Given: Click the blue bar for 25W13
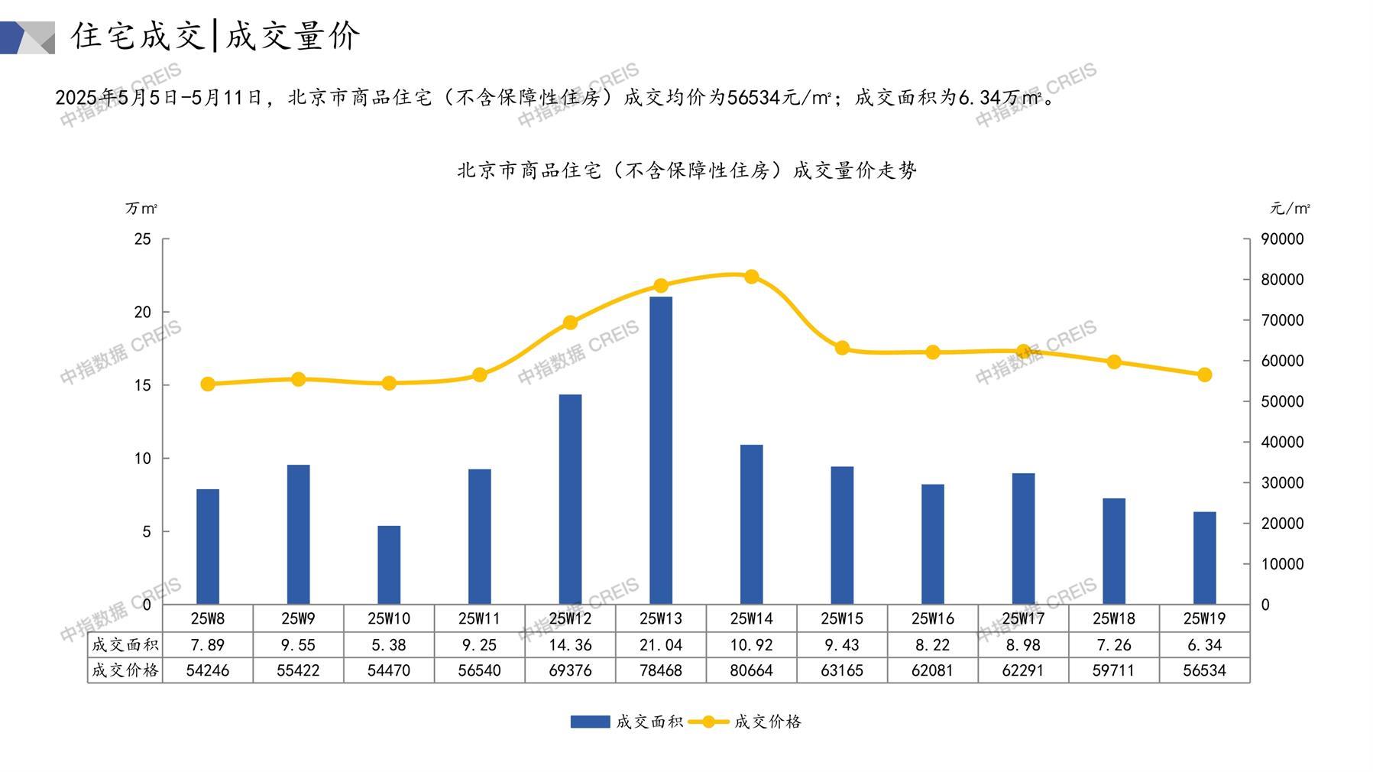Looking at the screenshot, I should tap(661, 450).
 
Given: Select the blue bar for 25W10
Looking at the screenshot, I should tap(389, 565).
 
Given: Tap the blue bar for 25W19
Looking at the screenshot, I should tap(1204, 558).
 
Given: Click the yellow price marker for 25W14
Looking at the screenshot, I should tap(752, 277).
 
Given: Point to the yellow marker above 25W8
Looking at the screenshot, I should tap(208, 384).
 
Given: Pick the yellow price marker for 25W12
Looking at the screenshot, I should tap(570, 323).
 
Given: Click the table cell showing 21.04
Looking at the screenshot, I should tap(661, 645).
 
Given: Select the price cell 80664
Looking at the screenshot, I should tap(752, 670).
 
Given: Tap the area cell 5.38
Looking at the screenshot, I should tap(389, 645).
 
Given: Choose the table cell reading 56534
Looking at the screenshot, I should tap(1204, 670).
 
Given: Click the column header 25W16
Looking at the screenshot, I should tap(933, 618).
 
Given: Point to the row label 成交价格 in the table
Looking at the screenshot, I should tap(125, 670).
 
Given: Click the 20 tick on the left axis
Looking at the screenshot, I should tap(143, 312).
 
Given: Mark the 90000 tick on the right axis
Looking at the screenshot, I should tap(1282, 239).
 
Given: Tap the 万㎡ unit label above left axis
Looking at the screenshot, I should tap(141, 208).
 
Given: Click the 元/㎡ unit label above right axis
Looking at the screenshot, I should tap(1290, 208).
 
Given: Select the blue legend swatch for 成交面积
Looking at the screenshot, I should tap(590, 722).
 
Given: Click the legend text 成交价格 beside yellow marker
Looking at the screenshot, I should tap(767, 722).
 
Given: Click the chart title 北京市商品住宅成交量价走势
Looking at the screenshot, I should tap(686, 170).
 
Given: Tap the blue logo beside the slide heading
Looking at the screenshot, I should tap(28, 37).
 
